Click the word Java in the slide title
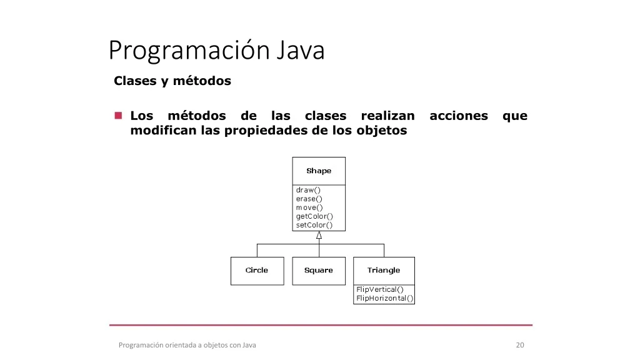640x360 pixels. (x=301, y=50)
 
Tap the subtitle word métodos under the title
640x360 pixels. (x=202, y=81)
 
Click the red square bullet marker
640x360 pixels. (x=118, y=116)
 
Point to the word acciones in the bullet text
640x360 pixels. (x=459, y=116)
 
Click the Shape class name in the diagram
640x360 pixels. (x=319, y=171)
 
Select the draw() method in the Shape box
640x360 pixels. (x=308, y=190)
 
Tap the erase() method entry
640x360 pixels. (x=309, y=199)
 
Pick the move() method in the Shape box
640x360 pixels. (x=309, y=207)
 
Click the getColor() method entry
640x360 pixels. (x=314, y=216)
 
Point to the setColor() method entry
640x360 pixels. (x=314, y=225)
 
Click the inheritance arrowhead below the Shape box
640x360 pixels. (x=319, y=235)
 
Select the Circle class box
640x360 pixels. (x=257, y=271)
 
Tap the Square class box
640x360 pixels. (x=319, y=271)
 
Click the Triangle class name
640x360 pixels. (x=384, y=270)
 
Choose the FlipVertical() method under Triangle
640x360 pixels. (x=379, y=289)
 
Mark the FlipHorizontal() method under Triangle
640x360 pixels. (x=385, y=298)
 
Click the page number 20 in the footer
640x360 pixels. (x=520, y=345)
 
